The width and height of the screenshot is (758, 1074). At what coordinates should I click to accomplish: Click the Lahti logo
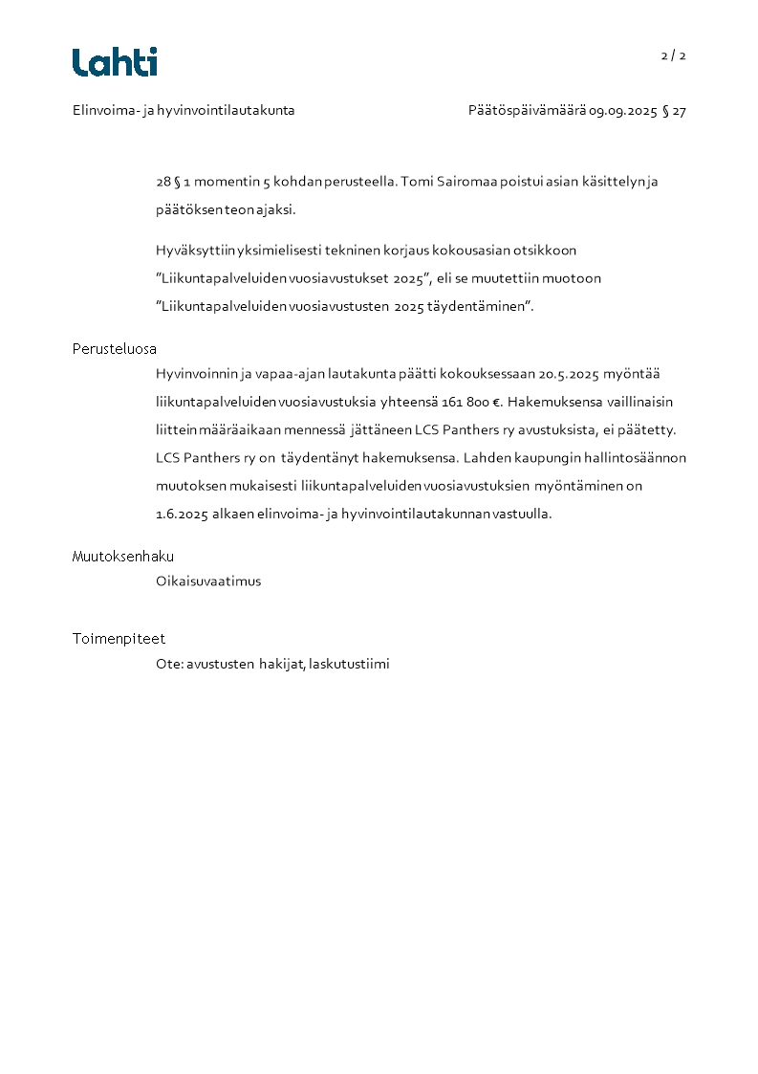pos(115,62)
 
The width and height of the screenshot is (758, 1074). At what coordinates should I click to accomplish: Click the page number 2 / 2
pos(674,55)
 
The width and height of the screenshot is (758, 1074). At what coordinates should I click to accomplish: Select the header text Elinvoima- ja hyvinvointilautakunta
pos(184,111)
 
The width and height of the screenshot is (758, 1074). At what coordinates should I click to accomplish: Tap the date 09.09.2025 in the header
pos(623,111)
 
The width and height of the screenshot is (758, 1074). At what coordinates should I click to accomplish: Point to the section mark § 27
pos(674,111)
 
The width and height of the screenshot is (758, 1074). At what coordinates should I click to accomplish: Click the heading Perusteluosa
pos(115,349)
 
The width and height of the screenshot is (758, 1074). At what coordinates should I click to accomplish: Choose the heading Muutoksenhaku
pos(123,557)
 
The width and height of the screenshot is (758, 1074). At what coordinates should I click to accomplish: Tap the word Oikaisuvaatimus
pos(208,581)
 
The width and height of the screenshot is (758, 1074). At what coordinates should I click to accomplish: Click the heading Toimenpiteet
pos(119,639)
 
